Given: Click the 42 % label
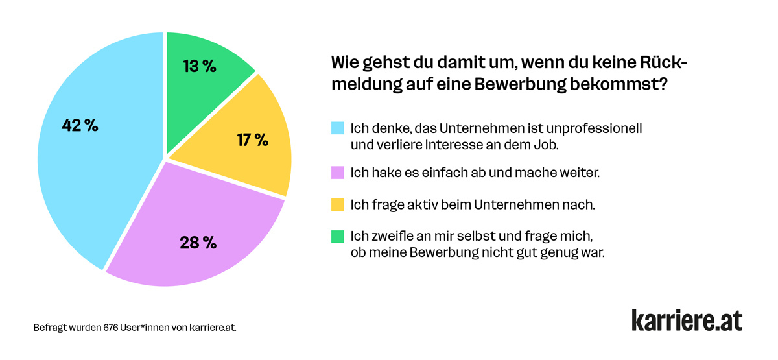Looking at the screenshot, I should click(x=80, y=126).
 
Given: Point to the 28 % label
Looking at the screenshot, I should click(x=198, y=243).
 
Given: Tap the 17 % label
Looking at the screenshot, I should click(x=252, y=139).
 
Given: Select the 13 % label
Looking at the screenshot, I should click(x=199, y=66).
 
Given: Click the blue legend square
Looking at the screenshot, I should click(x=337, y=128).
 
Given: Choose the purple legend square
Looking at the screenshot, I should click(x=337, y=174).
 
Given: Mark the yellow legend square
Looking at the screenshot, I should click(x=337, y=205).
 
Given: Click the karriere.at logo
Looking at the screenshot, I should click(x=687, y=320).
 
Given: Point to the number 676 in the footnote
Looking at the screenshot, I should click(x=111, y=328).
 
